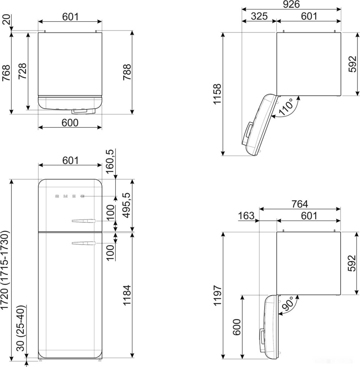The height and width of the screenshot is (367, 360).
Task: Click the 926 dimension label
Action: point(291,4)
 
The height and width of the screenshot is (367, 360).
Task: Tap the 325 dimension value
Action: point(259,16)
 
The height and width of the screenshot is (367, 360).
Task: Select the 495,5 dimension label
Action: point(127,205)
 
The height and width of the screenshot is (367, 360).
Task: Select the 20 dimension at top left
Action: point(6,20)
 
